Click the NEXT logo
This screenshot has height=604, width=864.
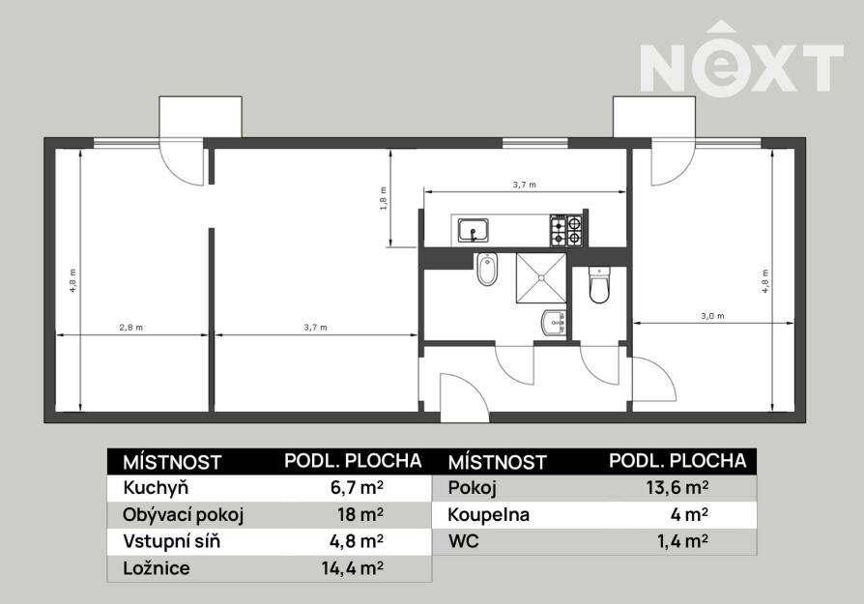tap(741, 59)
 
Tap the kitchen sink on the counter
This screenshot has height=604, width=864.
tap(474, 230)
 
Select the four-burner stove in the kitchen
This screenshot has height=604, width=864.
tap(566, 230)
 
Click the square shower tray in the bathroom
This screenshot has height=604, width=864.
tap(541, 277)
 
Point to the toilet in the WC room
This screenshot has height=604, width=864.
tap(599, 284)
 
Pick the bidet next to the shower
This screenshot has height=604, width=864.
tap(487, 270)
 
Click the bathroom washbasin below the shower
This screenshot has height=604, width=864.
tap(555, 323)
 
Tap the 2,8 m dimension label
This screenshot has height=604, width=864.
tap(131, 328)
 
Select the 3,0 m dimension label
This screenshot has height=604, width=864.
tap(712, 316)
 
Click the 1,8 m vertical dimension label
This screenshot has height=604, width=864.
tap(383, 199)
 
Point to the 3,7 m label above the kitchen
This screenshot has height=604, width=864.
tap(525, 186)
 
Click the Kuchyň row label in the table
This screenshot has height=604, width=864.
tap(156, 488)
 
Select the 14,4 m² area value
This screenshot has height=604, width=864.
tap(353, 568)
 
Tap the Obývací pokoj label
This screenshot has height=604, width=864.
tap(183, 515)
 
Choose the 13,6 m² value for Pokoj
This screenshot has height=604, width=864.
tap(677, 488)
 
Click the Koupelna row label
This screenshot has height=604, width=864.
tap(489, 515)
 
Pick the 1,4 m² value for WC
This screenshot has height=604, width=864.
tap(682, 542)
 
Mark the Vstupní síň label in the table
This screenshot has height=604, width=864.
tap(171, 542)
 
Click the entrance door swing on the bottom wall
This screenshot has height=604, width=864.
tap(465, 397)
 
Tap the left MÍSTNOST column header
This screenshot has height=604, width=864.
tap(172, 462)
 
